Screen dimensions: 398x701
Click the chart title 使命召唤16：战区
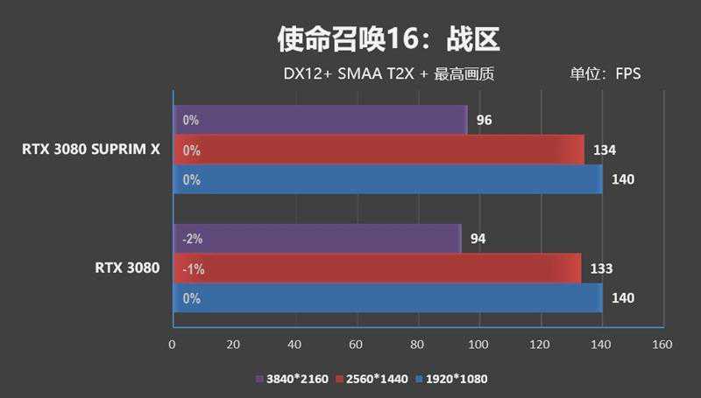tap(388, 38)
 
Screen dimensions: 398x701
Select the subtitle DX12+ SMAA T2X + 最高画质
tap(389, 74)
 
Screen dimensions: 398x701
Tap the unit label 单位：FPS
tap(605, 74)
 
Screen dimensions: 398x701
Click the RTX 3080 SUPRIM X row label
tap(91, 150)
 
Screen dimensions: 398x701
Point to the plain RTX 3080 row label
tap(127, 268)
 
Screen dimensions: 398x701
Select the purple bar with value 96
tap(320, 120)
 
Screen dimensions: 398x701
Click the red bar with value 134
tap(379, 150)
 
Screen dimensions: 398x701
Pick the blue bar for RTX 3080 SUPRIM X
tap(387, 179)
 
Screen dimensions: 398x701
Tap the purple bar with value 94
tap(316, 238)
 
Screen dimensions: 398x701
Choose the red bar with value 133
tap(377, 269)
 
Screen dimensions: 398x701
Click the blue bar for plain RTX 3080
tap(387, 298)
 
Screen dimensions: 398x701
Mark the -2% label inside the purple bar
tap(193, 239)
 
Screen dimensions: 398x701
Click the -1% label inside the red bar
tap(193, 269)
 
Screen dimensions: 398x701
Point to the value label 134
tap(605, 150)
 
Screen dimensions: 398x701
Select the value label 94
tap(478, 239)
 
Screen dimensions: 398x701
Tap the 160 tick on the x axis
tap(662, 345)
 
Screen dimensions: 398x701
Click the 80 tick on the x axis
tap(417, 345)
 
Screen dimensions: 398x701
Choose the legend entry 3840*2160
tap(289, 379)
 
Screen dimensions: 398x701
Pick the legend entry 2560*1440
tap(372, 379)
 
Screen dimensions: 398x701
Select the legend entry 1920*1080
tap(452, 379)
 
